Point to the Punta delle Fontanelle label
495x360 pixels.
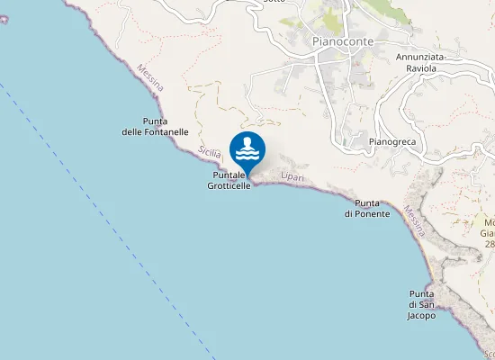155,126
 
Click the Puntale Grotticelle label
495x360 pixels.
229,180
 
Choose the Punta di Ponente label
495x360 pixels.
366,208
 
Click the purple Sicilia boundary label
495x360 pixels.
210,152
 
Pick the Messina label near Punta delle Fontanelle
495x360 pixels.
150,77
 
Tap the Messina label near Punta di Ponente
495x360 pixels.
414,221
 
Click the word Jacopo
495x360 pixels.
421,316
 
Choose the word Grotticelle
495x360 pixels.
229,185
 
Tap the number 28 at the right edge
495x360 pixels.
490,244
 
